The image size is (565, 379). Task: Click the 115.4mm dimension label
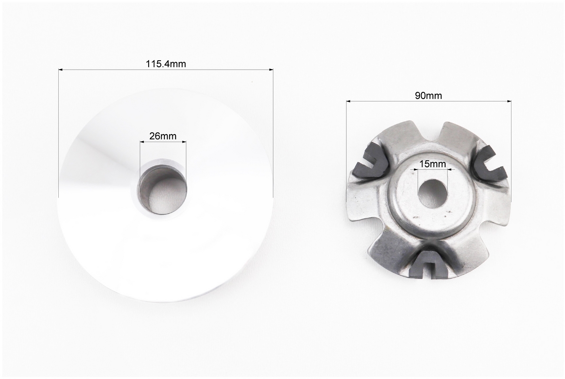[166, 64]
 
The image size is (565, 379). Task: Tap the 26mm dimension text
[163, 136]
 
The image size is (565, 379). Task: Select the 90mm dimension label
[429, 96]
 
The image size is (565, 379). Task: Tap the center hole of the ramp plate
[431, 193]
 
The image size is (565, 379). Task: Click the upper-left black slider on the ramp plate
[371, 161]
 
